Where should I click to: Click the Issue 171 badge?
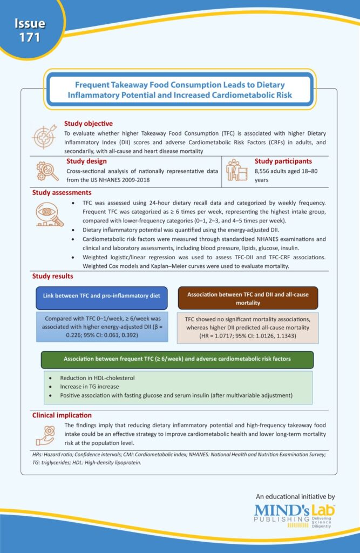coord(29,30)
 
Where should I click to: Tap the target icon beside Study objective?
coord(43,135)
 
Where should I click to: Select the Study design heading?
coord(86,161)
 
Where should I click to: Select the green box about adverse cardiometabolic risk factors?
coord(177,359)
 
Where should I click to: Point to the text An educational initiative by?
coord(295,496)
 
